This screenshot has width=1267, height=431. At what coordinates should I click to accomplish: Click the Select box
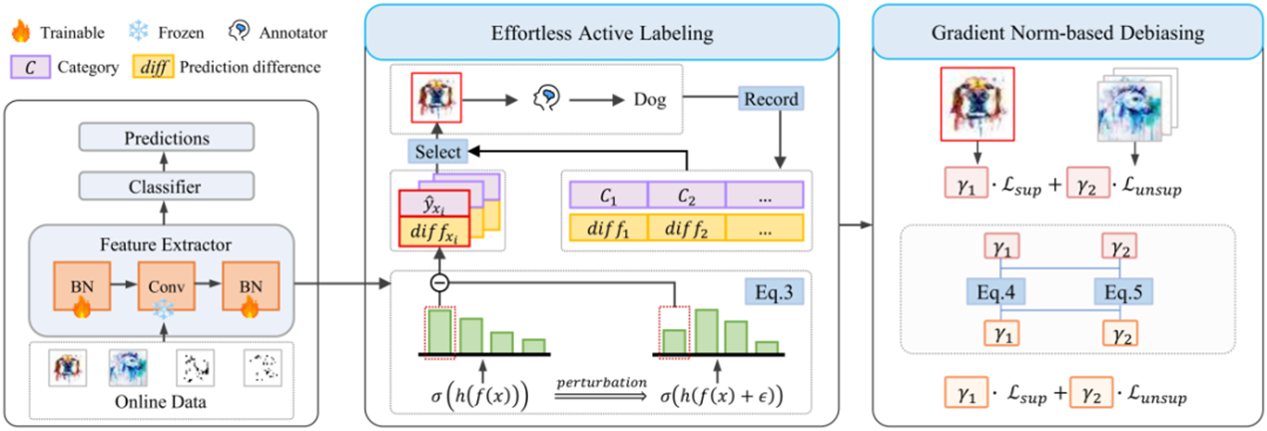coord(436,152)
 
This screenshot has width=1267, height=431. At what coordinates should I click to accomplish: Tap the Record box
coord(772,100)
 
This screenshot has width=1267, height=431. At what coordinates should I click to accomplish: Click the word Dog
coord(651,99)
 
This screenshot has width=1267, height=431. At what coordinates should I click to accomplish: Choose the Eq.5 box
coord(1121,291)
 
